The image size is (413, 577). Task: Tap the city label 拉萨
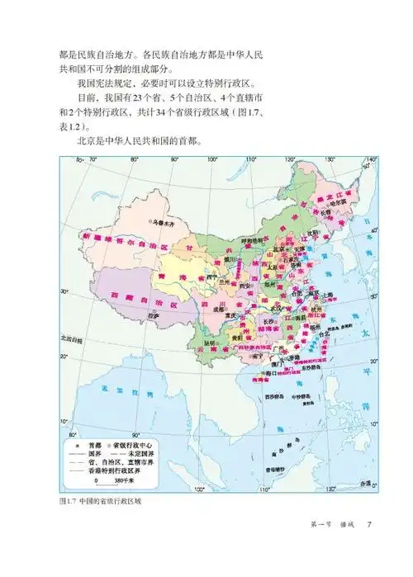tap(152, 315)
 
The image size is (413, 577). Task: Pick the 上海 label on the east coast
tap(328, 292)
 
